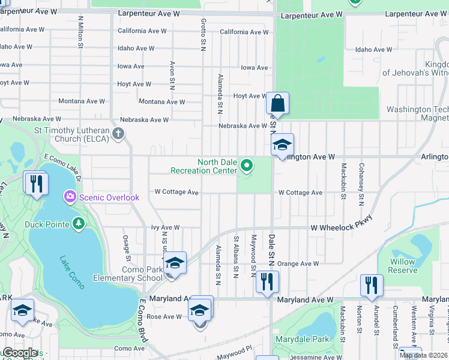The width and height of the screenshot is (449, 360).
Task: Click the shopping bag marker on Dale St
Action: (x=277, y=103)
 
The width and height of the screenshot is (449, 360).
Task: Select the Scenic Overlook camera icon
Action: (x=71, y=197)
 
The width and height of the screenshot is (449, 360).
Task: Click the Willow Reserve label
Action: (x=403, y=266)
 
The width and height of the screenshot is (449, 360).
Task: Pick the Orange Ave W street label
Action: (x=298, y=263)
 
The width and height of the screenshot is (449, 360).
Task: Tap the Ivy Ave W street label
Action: (x=165, y=227)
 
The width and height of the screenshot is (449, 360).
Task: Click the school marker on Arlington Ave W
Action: (x=282, y=145)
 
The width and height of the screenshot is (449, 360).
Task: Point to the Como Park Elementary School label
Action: (x=128, y=274)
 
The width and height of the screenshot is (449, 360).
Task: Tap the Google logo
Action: (x=19, y=353)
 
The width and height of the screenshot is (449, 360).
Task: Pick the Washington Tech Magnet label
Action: (x=418, y=113)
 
